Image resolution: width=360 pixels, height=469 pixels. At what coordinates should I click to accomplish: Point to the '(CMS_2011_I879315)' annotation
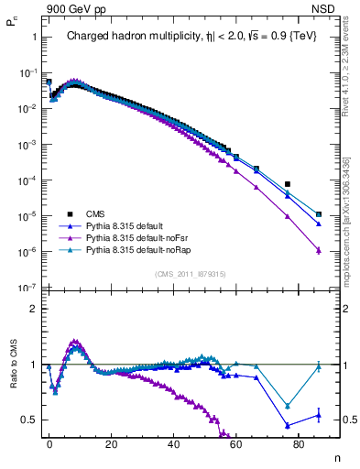190,273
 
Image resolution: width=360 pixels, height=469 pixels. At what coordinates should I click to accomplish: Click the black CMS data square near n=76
287,184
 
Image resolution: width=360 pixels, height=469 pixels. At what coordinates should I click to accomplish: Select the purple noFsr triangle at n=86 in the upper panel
318,250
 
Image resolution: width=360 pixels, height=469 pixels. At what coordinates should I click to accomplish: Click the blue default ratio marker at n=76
287,425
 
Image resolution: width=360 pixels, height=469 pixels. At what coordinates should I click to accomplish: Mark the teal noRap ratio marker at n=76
287,406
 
